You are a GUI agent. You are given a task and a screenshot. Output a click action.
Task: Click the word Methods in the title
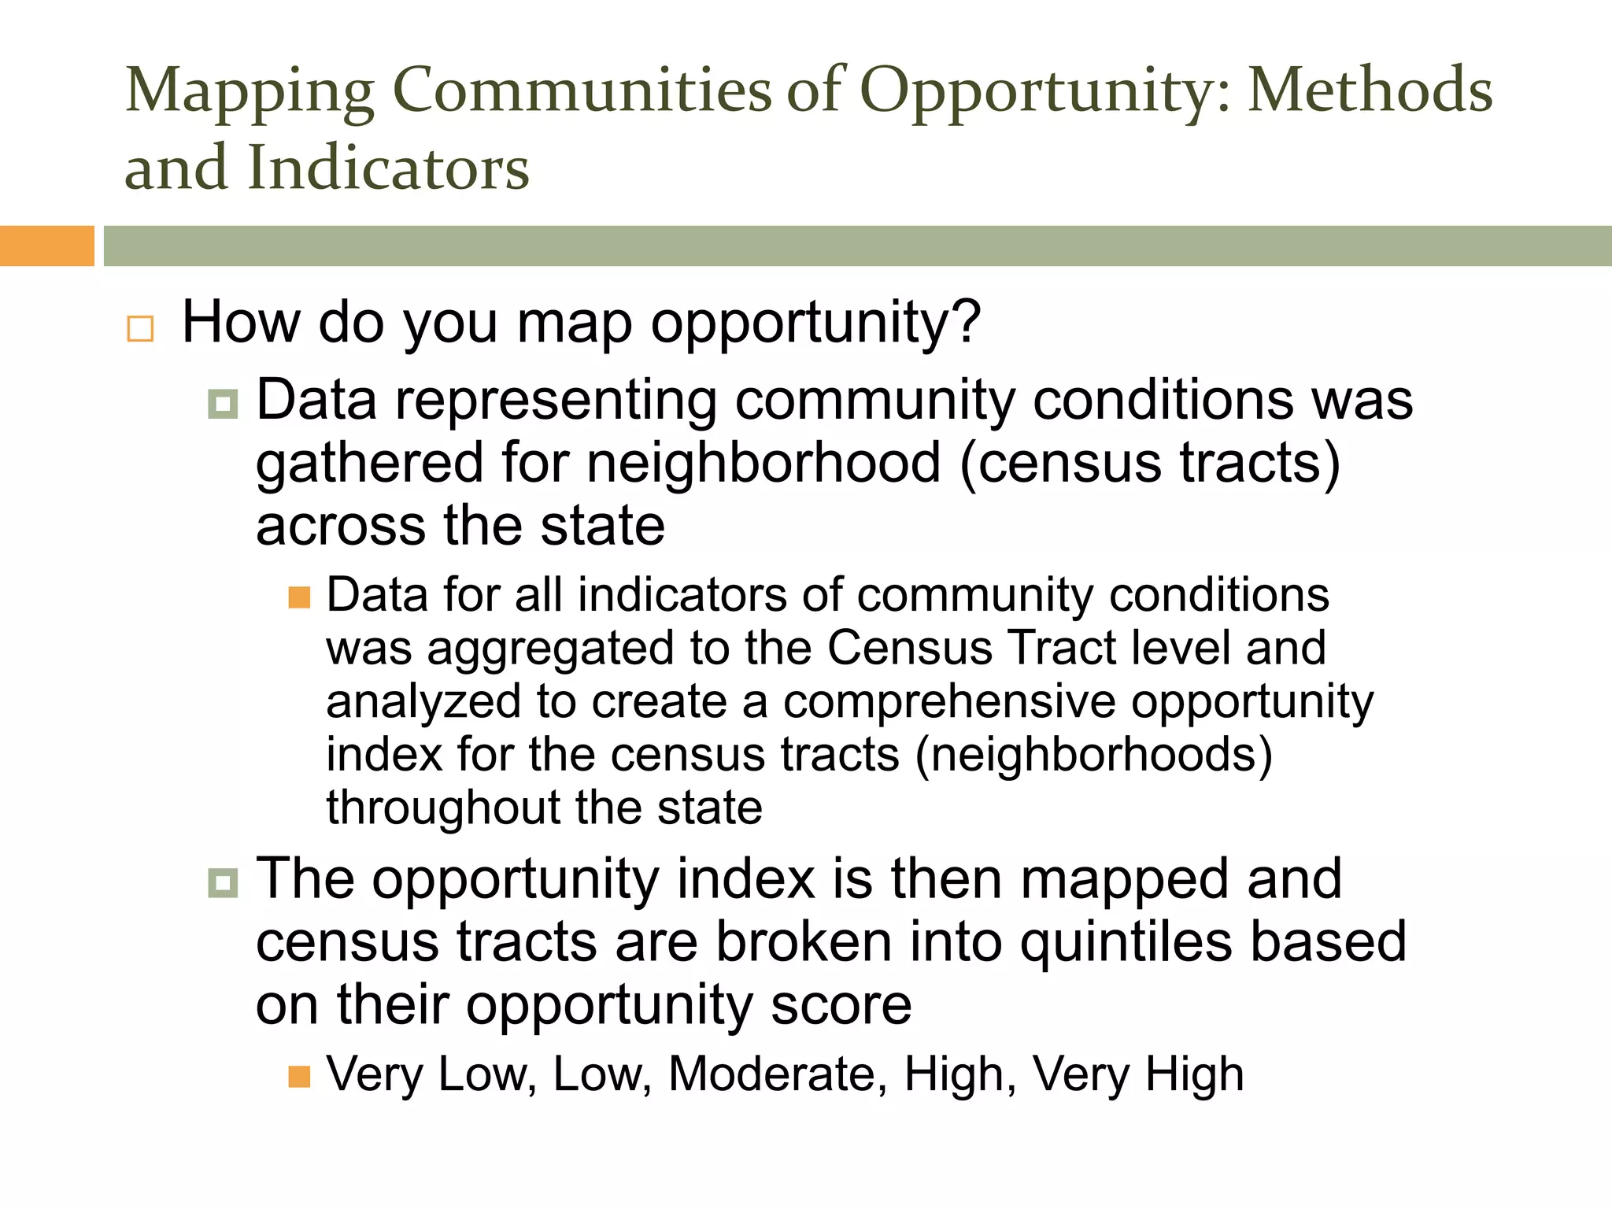[1370, 91]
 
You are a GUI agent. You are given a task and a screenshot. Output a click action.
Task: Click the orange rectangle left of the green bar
[46, 246]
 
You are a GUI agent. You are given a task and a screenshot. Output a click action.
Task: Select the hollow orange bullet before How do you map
[140, 328]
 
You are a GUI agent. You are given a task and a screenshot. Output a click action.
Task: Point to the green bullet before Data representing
[223, 405]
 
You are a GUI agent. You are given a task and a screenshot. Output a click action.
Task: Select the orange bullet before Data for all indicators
[299, 597]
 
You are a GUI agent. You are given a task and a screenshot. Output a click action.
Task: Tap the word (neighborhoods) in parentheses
[1093, 755]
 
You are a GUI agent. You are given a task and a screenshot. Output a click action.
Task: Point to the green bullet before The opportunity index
[223, 882]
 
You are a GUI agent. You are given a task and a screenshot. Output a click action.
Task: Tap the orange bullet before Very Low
[299, 1076]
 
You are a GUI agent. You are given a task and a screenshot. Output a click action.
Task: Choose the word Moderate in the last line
[771, 1074]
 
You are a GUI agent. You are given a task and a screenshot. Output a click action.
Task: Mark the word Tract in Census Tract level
[1063, 649]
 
